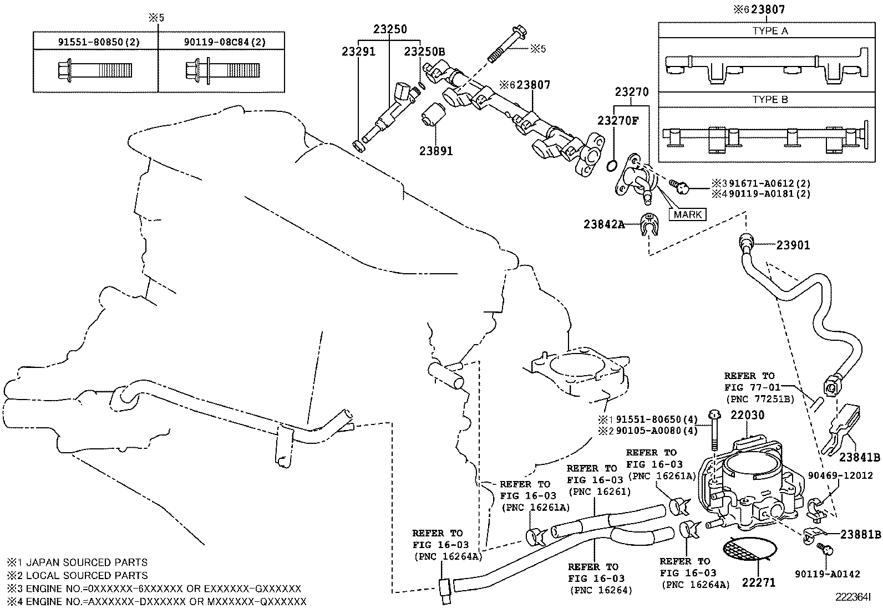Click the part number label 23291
pos(358,52)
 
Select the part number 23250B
pos(424,52)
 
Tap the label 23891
pos(436,150)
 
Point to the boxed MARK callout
pos(688,214)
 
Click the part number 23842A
pos(604,224)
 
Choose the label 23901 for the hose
pos(793,245)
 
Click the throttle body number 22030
pos(747,415)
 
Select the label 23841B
pos(859,457)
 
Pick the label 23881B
pos(860,535)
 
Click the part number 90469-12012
pos(840,475)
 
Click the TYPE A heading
pos(770,31)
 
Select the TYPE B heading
pos(770,100)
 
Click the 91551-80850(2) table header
pos(95,42)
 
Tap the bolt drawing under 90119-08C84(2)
pos(222,70)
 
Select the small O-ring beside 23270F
pos(612,166)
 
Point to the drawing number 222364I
pos(854,597)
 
